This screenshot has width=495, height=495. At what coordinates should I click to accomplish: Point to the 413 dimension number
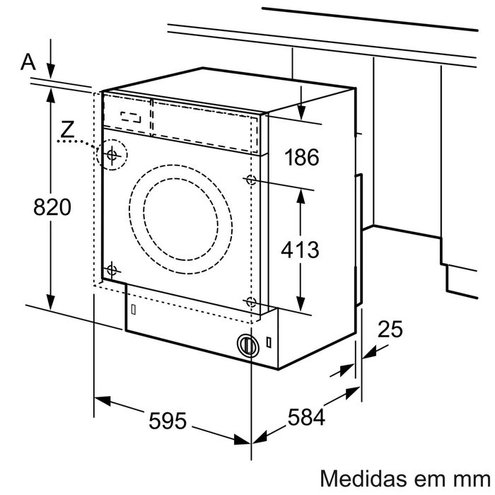point(301,249)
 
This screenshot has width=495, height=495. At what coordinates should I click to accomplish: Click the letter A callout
point(28,62)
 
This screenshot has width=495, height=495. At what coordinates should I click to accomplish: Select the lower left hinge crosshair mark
point(111,269)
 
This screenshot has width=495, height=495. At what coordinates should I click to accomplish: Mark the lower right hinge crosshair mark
point(250,302)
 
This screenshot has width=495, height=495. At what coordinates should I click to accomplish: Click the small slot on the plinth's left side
point(133,308)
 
